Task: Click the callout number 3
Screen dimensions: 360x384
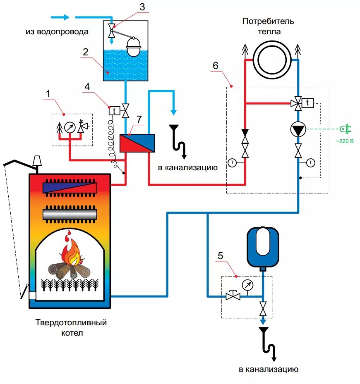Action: click(142, 7)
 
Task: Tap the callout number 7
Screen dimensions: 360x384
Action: click(139, 119)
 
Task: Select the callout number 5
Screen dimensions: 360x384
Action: click(221, 256)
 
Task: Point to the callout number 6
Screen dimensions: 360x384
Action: click(215, 66)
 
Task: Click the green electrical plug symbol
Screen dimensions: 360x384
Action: click(346, 129)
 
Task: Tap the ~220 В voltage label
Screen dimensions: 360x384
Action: click(345, 141)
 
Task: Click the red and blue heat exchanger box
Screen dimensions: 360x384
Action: click(137, 143)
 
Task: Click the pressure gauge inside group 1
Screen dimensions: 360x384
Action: click(70, 127)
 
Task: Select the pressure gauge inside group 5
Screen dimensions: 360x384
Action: click(247, 285)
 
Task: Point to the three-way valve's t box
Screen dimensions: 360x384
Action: click(307, 103)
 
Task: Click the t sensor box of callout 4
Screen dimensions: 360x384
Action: click(114, 111)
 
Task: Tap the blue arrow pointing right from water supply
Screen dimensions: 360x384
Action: click(60, 17)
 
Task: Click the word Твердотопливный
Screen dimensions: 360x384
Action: click(71, 322)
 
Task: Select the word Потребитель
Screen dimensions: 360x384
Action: click(268, 21)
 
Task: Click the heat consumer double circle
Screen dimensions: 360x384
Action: click(272, 60)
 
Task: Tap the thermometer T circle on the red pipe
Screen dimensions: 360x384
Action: click(232, 163)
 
